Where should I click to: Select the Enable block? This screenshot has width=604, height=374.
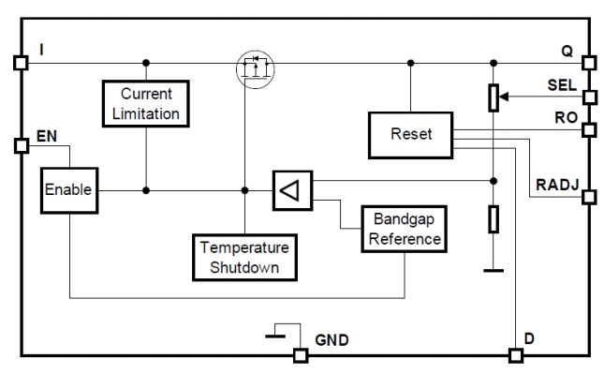[67, 190]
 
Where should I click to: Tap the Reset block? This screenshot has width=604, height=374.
[410, 134]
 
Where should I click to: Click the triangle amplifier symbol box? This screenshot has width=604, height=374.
[292, 191]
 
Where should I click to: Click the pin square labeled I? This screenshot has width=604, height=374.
[21, 64]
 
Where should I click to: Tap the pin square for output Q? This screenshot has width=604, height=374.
[588, 64]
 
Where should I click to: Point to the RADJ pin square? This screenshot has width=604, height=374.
[588, 197]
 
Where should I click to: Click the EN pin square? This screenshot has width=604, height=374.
[21, 145]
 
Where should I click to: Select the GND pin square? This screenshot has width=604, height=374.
[301, 355]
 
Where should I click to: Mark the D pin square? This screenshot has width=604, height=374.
[514, 355]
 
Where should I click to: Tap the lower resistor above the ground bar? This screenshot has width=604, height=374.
[494, 220]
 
